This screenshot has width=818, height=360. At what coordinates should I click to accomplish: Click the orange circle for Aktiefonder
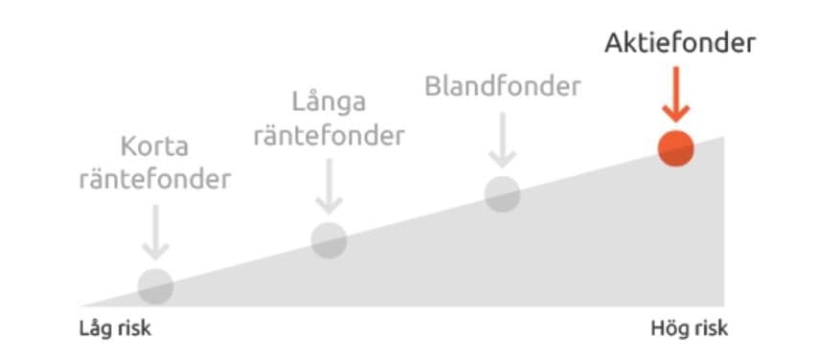(675, 148)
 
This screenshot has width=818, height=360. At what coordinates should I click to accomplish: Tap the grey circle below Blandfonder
(502, 193)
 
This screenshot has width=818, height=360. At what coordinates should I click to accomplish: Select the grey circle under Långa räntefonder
(329, 239)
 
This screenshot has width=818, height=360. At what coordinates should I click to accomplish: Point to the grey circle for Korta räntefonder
(155, 285)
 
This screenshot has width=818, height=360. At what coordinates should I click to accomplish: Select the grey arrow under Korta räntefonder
(155, 234)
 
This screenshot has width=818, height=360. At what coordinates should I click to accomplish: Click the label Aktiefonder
(680, 43)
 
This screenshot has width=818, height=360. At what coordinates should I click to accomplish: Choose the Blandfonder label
(503, 87)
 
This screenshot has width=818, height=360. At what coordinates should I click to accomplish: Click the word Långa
(329, 101)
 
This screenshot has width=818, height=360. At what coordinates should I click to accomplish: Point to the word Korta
(155, 147)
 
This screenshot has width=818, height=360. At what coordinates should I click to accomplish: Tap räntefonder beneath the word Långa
(329, 135)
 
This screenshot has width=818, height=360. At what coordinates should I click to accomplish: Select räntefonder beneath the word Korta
(155, 180)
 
